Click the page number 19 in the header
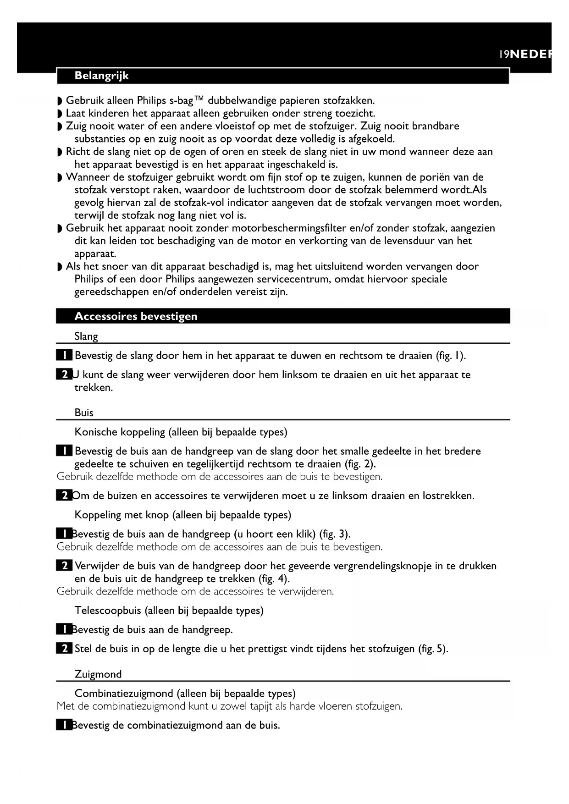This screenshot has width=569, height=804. tap(504, 55)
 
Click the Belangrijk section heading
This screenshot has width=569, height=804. tap(101, 76)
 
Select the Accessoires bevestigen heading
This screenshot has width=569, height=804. tap(136, 316)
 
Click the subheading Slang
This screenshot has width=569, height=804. tap(86, 336)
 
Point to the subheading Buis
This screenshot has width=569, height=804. tap(84, 413)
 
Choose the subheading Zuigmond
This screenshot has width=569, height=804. tap(98, 674)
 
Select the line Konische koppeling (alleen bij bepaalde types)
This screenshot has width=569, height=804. tap(181, 432)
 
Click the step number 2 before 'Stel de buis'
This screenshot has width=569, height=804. tap(64, 649)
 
